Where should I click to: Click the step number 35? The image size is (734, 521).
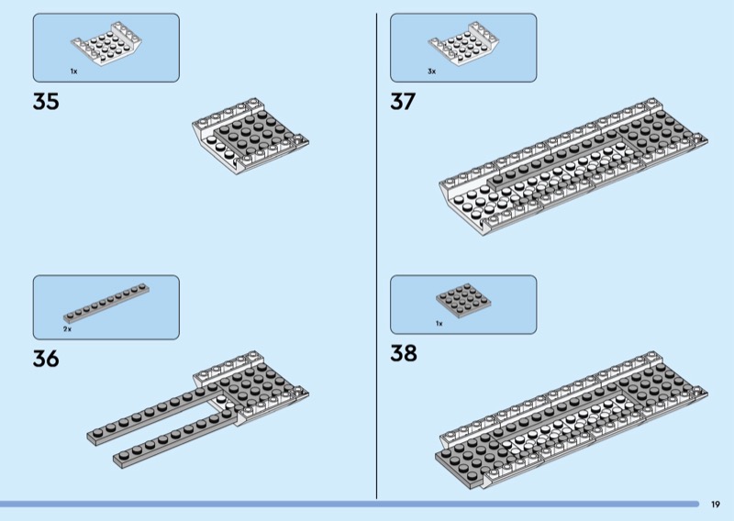tap(46, 101)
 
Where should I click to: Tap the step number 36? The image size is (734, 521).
tap(46, 359)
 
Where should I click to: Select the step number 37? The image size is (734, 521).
tap(403, 101)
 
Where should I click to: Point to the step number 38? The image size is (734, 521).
tap(404, 352)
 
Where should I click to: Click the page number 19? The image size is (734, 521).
tap(716, 504)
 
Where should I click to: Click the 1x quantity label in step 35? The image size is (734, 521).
tap(74, 71)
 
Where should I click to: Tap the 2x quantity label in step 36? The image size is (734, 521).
tap(67, 327)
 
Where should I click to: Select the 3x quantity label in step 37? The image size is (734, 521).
tap(431, 71)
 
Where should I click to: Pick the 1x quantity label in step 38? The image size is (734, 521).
tap(439, 323)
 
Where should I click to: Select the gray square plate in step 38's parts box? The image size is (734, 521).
tap(463, 300)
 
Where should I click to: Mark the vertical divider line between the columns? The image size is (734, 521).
tap(377, 257)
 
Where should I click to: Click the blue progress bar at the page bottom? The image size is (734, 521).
tap(349, 504)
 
